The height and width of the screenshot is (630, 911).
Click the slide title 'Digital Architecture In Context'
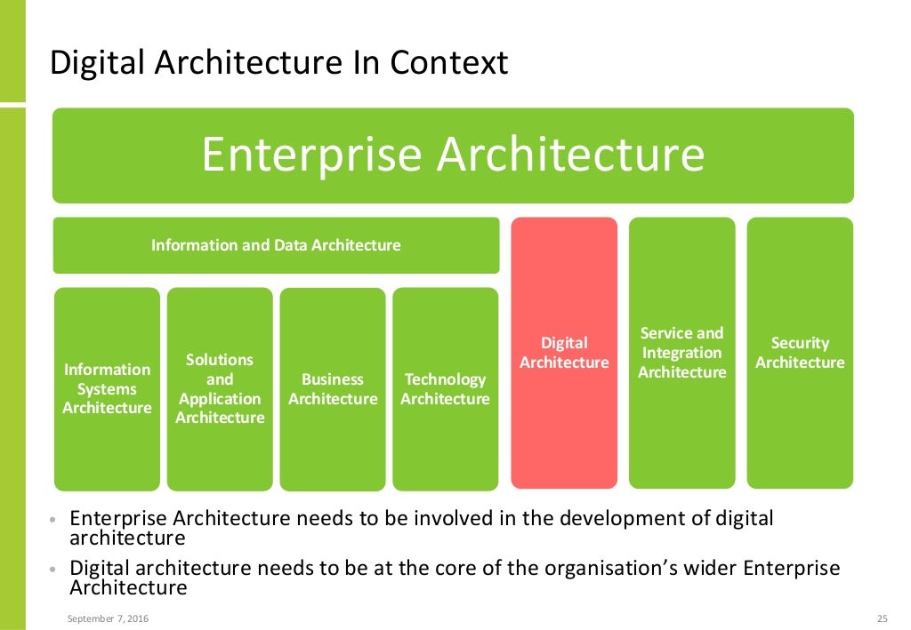(x=278, y=63)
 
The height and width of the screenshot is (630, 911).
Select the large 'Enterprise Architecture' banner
(x=453, y=156)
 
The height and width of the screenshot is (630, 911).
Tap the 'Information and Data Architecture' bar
(x=276, y=245)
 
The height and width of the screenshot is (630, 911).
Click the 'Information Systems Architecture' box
(x=107, y=389)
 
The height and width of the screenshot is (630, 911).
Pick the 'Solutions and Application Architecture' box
(x=220, y=389)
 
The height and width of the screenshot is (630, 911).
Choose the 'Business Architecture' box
(x=333, y=389)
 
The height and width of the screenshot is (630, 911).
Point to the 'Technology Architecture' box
(x=445, y=389)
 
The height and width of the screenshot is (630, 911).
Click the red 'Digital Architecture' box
(x=564, y=353)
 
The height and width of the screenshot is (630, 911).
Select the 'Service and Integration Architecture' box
(x=682, y=353)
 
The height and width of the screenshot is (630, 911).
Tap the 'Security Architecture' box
(x=800, y=353)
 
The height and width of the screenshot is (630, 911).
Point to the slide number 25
(x=883, y=618)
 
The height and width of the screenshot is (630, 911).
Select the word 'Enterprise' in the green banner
(x=310, y=155)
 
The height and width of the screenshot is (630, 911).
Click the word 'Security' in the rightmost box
(x=800, y=343)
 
